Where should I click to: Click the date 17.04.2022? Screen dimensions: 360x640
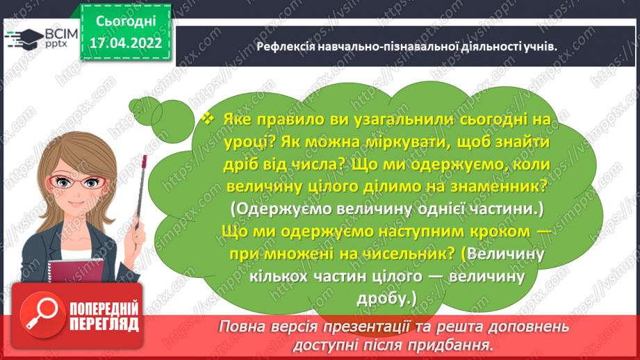[x=126, y=42]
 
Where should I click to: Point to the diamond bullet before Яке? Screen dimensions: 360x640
[x=206, y=119]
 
